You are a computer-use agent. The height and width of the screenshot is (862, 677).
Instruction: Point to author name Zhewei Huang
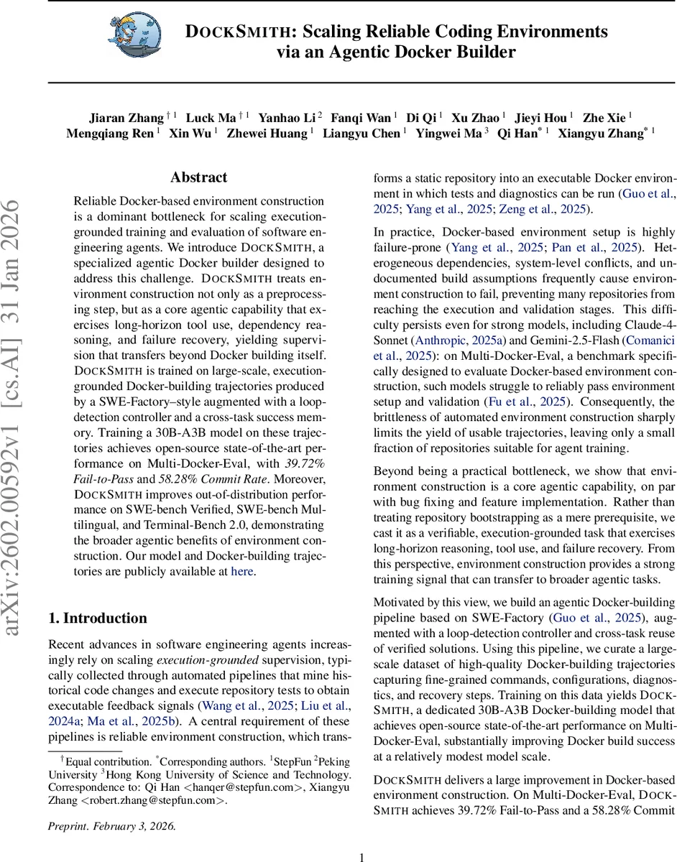[x=267, y=134]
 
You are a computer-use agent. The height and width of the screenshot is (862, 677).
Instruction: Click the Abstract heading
[x=198, y=177]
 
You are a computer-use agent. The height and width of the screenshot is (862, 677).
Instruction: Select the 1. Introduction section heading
[x=97, y=618]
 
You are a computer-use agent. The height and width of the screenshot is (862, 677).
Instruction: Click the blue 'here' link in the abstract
[x=241, y=572]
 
